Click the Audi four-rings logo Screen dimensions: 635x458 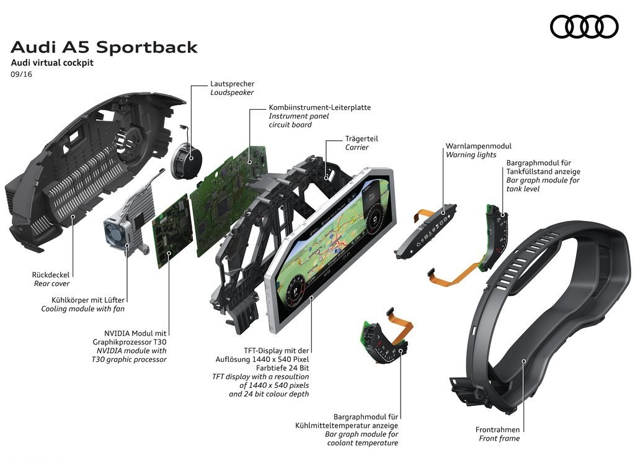[x=584, y=27]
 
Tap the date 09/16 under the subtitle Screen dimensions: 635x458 [x=22, y=74]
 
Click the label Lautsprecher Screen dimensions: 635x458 [x=232, y=84]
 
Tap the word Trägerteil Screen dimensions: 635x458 [x=362, y=138]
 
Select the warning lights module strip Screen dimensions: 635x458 [x=425, y=231]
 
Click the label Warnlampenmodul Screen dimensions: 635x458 [x=478, y=146]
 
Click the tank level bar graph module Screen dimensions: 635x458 [x=495, y=238]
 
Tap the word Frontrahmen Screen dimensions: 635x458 [x=497, y=429]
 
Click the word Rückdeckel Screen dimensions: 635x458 [x=51, y=275]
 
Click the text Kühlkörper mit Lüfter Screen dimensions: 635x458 [x=88, y=300]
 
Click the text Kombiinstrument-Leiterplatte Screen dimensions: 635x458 [x=320, y=107]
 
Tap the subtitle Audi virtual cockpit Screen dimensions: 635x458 [x=52, y=63]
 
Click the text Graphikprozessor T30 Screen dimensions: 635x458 [x=130, y=342]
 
